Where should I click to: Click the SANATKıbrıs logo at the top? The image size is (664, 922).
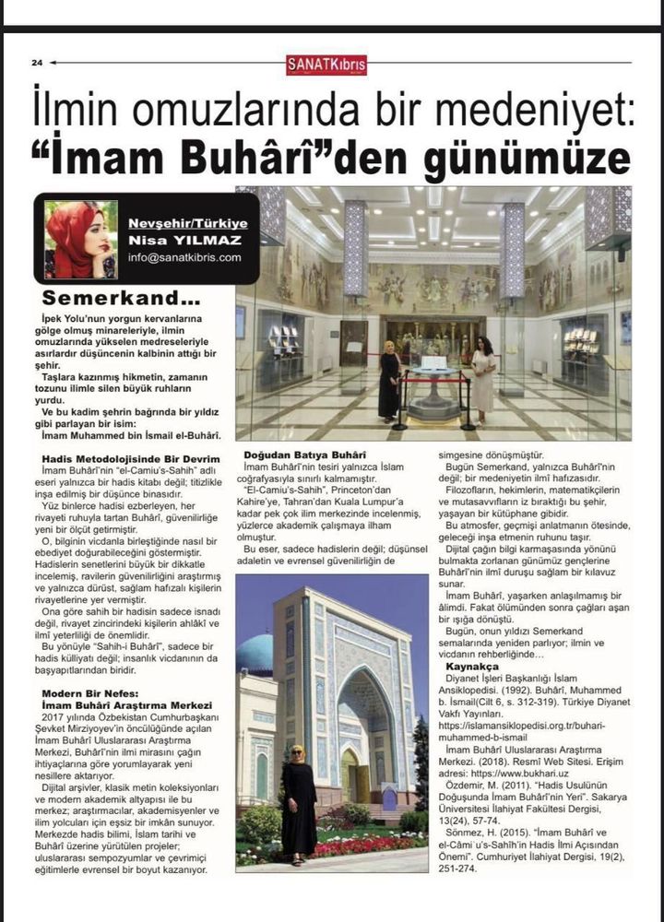pyautogui.click(x=326, y=65)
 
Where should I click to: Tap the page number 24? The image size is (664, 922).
pyautogui.click(x=37, y=63)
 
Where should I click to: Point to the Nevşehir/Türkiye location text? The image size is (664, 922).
pyautogui.click(x=188, y=224)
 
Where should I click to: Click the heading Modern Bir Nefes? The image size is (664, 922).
pyautogui.click(x=90, y=692)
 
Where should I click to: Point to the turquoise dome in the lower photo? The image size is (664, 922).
pyautogui.click(x=255, y=653)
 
